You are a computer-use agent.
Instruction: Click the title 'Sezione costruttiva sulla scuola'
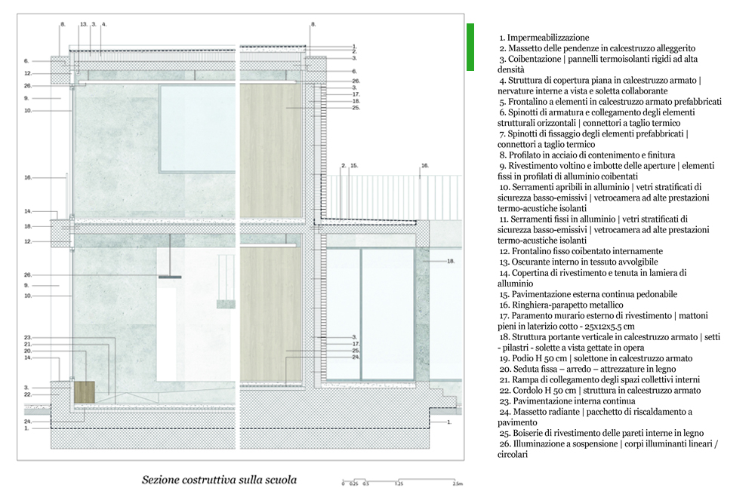(219, 480)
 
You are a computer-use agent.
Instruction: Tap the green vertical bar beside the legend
(470, 47)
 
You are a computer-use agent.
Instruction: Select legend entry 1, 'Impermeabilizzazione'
(544, 37)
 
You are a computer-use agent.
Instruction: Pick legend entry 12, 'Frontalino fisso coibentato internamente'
(581, 251)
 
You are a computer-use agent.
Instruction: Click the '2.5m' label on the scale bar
(457, 483)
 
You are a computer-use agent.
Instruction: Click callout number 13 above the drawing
(83, 24)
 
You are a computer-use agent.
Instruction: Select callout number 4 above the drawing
(104, 24)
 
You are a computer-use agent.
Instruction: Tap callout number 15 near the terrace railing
(354, 164)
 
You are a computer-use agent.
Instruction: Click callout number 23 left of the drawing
(26, 337)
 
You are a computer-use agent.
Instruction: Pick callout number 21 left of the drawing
(26, 344)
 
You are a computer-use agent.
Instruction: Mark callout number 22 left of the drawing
(26, 394)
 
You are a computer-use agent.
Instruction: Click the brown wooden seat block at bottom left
(85, 391)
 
